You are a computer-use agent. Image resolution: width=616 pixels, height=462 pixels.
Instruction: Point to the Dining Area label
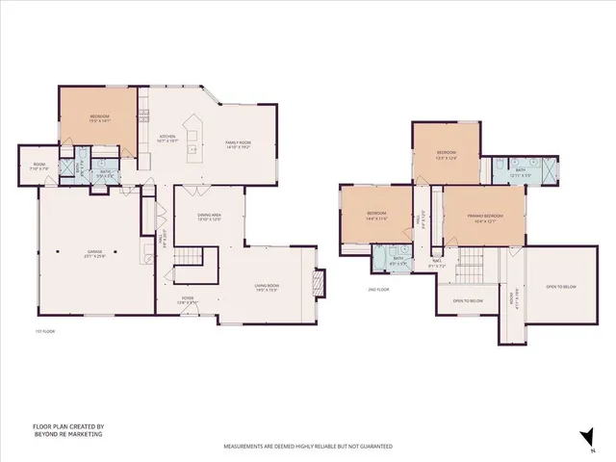210,218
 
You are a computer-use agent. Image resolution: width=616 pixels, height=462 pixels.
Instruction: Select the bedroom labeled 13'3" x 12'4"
446,155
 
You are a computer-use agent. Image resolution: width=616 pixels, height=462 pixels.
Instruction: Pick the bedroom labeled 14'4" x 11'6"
376,216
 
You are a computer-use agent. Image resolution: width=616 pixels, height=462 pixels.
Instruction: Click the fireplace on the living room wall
321,281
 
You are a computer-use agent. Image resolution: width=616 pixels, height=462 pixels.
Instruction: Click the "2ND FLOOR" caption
377,289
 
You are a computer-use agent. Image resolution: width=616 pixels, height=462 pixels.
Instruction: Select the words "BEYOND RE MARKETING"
67,434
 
